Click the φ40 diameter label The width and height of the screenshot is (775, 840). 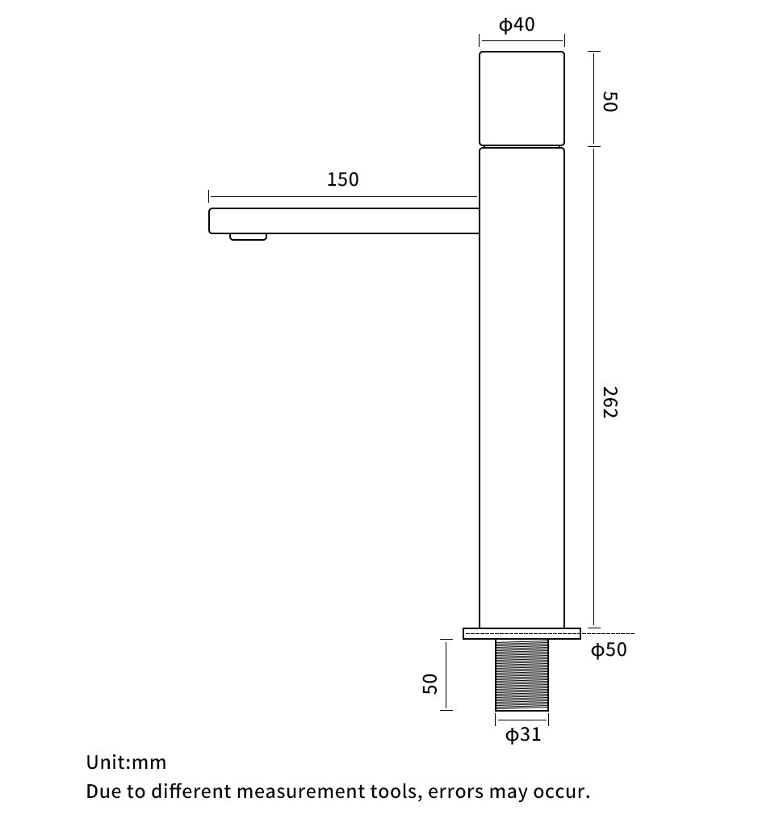(x=517, y=25)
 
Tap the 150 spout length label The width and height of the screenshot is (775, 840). (x=342, y=179)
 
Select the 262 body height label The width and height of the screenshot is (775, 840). (x=610, y=402)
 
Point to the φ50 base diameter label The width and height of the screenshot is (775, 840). (x=609, y=649)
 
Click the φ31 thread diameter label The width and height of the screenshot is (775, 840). (x=522, y=735)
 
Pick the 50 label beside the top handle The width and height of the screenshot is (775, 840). (x=610, y=102)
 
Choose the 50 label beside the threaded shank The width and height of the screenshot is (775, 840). (x=431, y=683)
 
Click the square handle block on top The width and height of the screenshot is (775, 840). (x=522, y=99)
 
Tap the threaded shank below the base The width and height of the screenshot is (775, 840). (x=522, y=675)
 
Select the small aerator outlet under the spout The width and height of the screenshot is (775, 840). (x=248, y=237)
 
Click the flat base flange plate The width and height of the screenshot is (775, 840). (x=522, y=633)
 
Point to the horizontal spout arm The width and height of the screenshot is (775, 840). (x=343, y=220)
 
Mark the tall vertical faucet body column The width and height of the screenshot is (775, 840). (x=522, y=388)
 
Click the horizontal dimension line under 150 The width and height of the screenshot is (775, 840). (x=342, y=196)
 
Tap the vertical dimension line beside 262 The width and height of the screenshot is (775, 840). (x=594, y=388)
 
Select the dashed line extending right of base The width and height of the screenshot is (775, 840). (x=608, y=634)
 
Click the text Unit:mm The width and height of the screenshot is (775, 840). (x=126, y=762)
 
